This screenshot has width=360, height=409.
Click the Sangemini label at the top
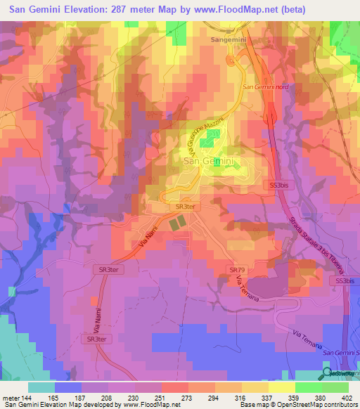pos(227,40)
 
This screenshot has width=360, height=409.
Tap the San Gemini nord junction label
pos(265,87)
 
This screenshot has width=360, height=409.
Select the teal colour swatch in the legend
pos(41,387)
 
